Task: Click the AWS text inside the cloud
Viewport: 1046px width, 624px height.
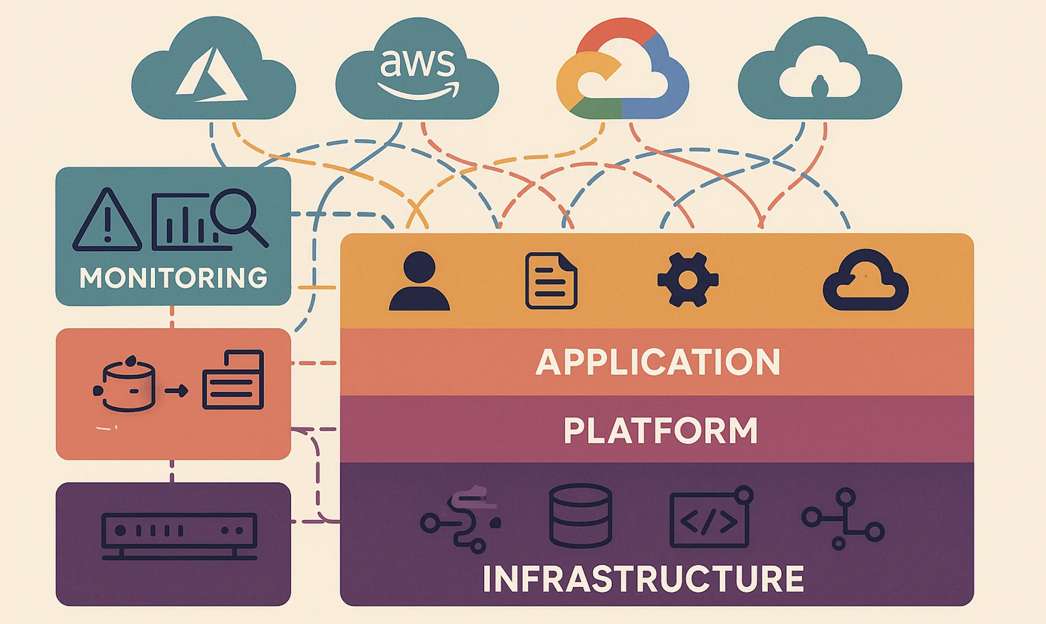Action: pos(417,63)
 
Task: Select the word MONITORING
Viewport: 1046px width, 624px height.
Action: pos(173,278)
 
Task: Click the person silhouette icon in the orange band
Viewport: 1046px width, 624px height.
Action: pos(419,281)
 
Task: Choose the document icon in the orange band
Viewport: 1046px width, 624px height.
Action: pos(551,281)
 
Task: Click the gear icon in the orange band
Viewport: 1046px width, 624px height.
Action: pos(688,280)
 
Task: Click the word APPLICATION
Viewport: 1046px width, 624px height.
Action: pos(657,362)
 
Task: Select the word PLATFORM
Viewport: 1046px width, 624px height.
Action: pos(660,431)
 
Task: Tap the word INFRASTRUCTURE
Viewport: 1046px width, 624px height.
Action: pos(643,580)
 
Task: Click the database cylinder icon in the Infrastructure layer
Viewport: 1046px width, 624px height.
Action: pos(580,516)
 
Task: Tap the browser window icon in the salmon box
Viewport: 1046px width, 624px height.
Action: pos(233,380)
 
